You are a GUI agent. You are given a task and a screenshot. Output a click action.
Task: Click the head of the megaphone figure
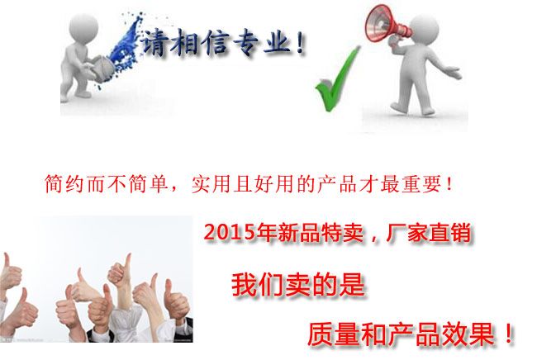[424, 30]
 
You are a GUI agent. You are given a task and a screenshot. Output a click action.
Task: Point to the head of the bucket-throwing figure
[83, 29]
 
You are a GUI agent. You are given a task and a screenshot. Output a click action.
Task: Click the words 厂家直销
[428, 233]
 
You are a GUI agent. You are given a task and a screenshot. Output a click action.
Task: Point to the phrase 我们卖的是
[297, 285]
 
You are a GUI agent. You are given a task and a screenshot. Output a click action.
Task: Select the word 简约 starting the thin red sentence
[64, 184]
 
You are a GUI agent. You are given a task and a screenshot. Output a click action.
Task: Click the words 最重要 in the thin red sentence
[411, 184]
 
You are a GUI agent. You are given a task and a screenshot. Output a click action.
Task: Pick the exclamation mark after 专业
[301, 42]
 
